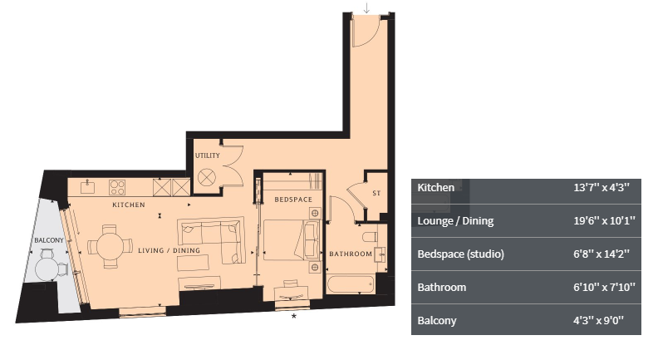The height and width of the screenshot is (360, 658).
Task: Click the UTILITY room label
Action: pyautogui.click(x=208, y=155)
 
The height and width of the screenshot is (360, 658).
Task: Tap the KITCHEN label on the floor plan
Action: pyautogui.click(x=129, y=205)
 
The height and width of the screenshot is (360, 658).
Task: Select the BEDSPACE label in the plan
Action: pyautogui.click(x=293, y=200)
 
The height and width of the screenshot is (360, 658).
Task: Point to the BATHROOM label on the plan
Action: pyautogui.click(x=351, y=254)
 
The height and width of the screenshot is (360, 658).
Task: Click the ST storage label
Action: pyautogui.click(x=376, y=193)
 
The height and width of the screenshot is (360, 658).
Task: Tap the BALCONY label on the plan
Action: pyautogui.click(x=49, y=240)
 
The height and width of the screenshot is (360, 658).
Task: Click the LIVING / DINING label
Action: pyautogui.click(x=169, y=250)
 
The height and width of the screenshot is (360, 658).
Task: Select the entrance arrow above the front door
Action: pyautogui.click(x=366, y=8)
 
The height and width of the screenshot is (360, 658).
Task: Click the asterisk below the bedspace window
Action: pyautogui.click(x=294, y=316)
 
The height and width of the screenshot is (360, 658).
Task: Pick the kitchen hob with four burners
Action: pyautogui.click(x=117, y=187)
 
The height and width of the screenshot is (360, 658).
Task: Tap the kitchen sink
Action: pyautogui.click(x=88, y=186)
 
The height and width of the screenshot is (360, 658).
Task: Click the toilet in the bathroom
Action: pyautogui.click(x=370, y=237)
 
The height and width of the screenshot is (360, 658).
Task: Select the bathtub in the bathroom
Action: pyautogui.click(x=351, y=284)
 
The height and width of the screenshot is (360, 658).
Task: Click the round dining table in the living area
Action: pyautogui.click(x=110, y=247)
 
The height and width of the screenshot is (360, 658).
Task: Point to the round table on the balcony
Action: pyautogui.click(x=47, y=269)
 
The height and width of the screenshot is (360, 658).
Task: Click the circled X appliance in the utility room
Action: pyautogui.click(x=207, y=178)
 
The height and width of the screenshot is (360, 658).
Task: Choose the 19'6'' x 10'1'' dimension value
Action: pyautogui.click(x=604, y=221)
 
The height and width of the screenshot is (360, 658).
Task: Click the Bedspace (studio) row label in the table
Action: pyautogui.click(x=460, y=254)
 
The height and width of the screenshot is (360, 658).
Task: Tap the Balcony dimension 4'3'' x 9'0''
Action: pyautogui.click(x=599, y=321)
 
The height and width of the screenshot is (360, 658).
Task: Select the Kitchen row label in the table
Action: pyautogui.click(x=435, y=188)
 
